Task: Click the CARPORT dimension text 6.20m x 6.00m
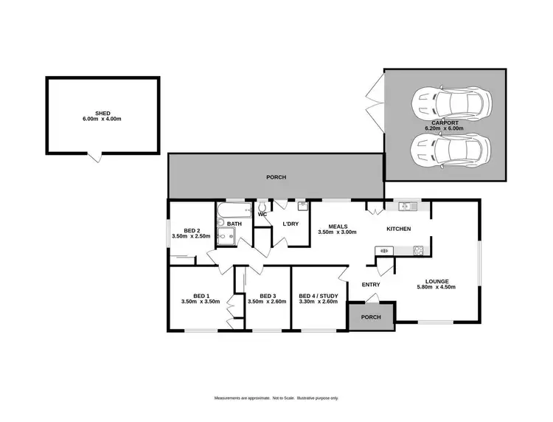444,128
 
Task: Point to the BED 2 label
191,229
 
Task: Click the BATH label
234,224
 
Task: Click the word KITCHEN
399,229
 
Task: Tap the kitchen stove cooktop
417,251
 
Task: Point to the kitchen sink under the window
404,207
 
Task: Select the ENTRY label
371,285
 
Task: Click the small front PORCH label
371,317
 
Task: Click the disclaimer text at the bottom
276,398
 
